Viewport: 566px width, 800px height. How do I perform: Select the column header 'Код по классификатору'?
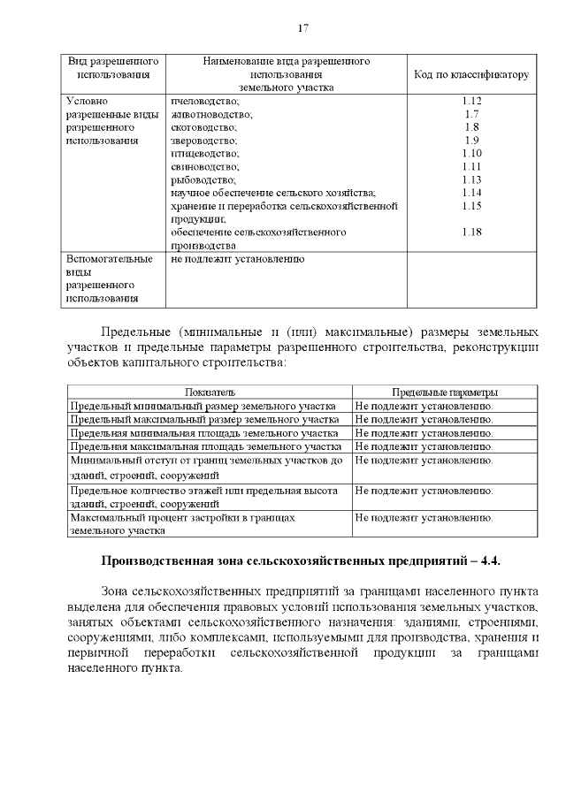coord(471,75)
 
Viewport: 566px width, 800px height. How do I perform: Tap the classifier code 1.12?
coord(471,101)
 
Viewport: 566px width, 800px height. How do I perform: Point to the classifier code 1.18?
coord(471,232)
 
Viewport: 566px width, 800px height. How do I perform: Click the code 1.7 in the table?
coord(471,114)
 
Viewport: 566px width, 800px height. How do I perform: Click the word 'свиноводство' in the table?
coord(205,167)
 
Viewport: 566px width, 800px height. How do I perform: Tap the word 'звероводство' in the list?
coord(203,141)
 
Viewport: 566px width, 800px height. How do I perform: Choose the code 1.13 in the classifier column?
coord(471,180)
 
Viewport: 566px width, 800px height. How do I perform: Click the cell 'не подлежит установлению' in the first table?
coord(238,260)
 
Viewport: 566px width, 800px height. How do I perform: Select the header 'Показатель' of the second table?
coord(210,392)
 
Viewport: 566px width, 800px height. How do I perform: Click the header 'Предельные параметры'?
coord(444,392)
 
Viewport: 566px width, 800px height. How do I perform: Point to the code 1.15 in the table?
coord(471,206)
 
